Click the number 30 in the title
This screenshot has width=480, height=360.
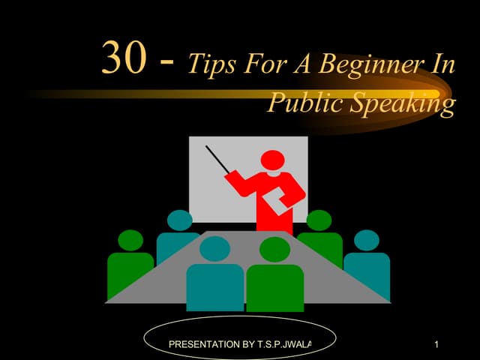123,58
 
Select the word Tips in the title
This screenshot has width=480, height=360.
210,64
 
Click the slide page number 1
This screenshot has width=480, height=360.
436,344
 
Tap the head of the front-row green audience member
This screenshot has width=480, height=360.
275,248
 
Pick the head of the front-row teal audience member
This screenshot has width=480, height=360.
214,248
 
